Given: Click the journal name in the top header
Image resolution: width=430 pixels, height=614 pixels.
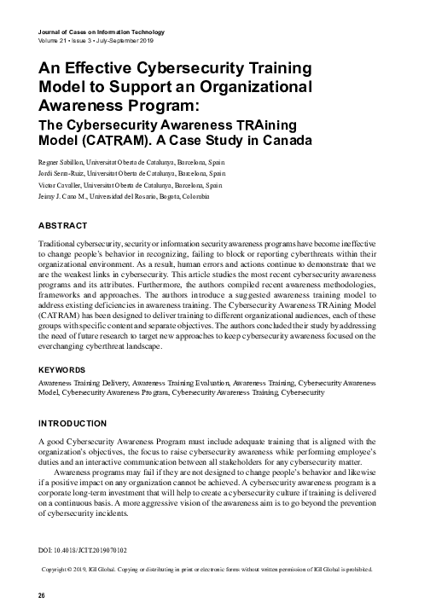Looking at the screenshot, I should [102, 32].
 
